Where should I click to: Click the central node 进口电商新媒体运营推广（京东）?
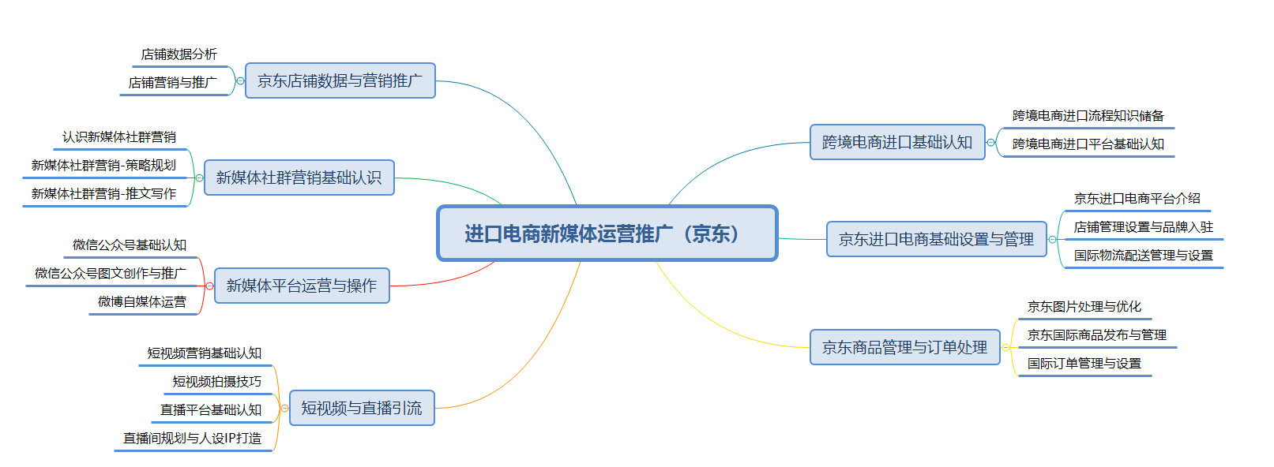[607, 233]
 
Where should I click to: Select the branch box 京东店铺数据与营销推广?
[340, 80]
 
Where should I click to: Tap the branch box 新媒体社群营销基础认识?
[299, 177]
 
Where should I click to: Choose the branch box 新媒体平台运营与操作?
[302, 286]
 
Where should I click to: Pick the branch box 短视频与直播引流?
[362, 408]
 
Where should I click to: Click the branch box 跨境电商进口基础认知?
[897, 142]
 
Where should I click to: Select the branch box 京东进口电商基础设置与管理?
[936, 239]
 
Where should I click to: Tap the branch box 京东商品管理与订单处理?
[905, 347]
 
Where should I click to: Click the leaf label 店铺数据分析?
[179, 54]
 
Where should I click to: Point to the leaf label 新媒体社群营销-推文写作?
[104, 194]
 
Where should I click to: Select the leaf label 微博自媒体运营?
[142, 301]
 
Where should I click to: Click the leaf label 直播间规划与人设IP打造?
[192, 438]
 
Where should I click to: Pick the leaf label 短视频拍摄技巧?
[216, 381]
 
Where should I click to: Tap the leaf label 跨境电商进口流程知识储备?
[1088, 116]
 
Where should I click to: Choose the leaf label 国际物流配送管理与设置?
[1143, 256]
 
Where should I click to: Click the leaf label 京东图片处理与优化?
[1084, 307]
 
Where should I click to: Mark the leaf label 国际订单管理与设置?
[1084, 364]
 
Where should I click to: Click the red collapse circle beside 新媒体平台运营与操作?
[210, 286]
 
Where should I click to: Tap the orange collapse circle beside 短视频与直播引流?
[285, 408]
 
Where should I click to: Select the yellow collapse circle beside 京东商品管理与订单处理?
[1005, 347]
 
